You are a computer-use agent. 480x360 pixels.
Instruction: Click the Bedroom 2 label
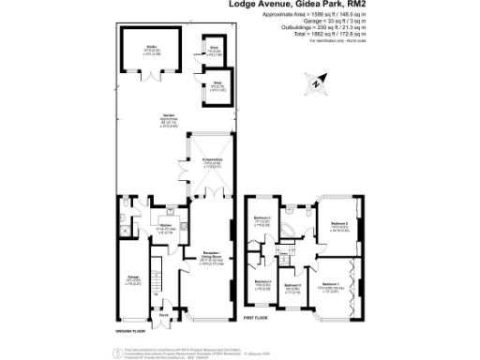click(x=338, y=225)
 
